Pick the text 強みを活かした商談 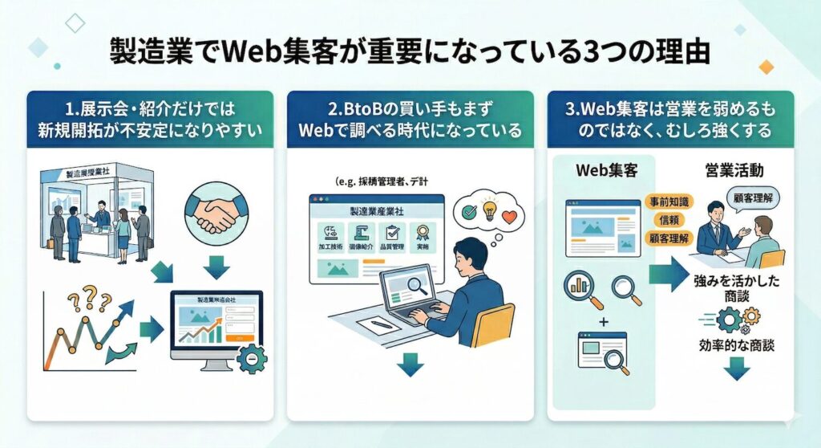click(x=736, y=290)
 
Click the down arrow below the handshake click(x=216, y=265)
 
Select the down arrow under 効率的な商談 click(x=737, y=370)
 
